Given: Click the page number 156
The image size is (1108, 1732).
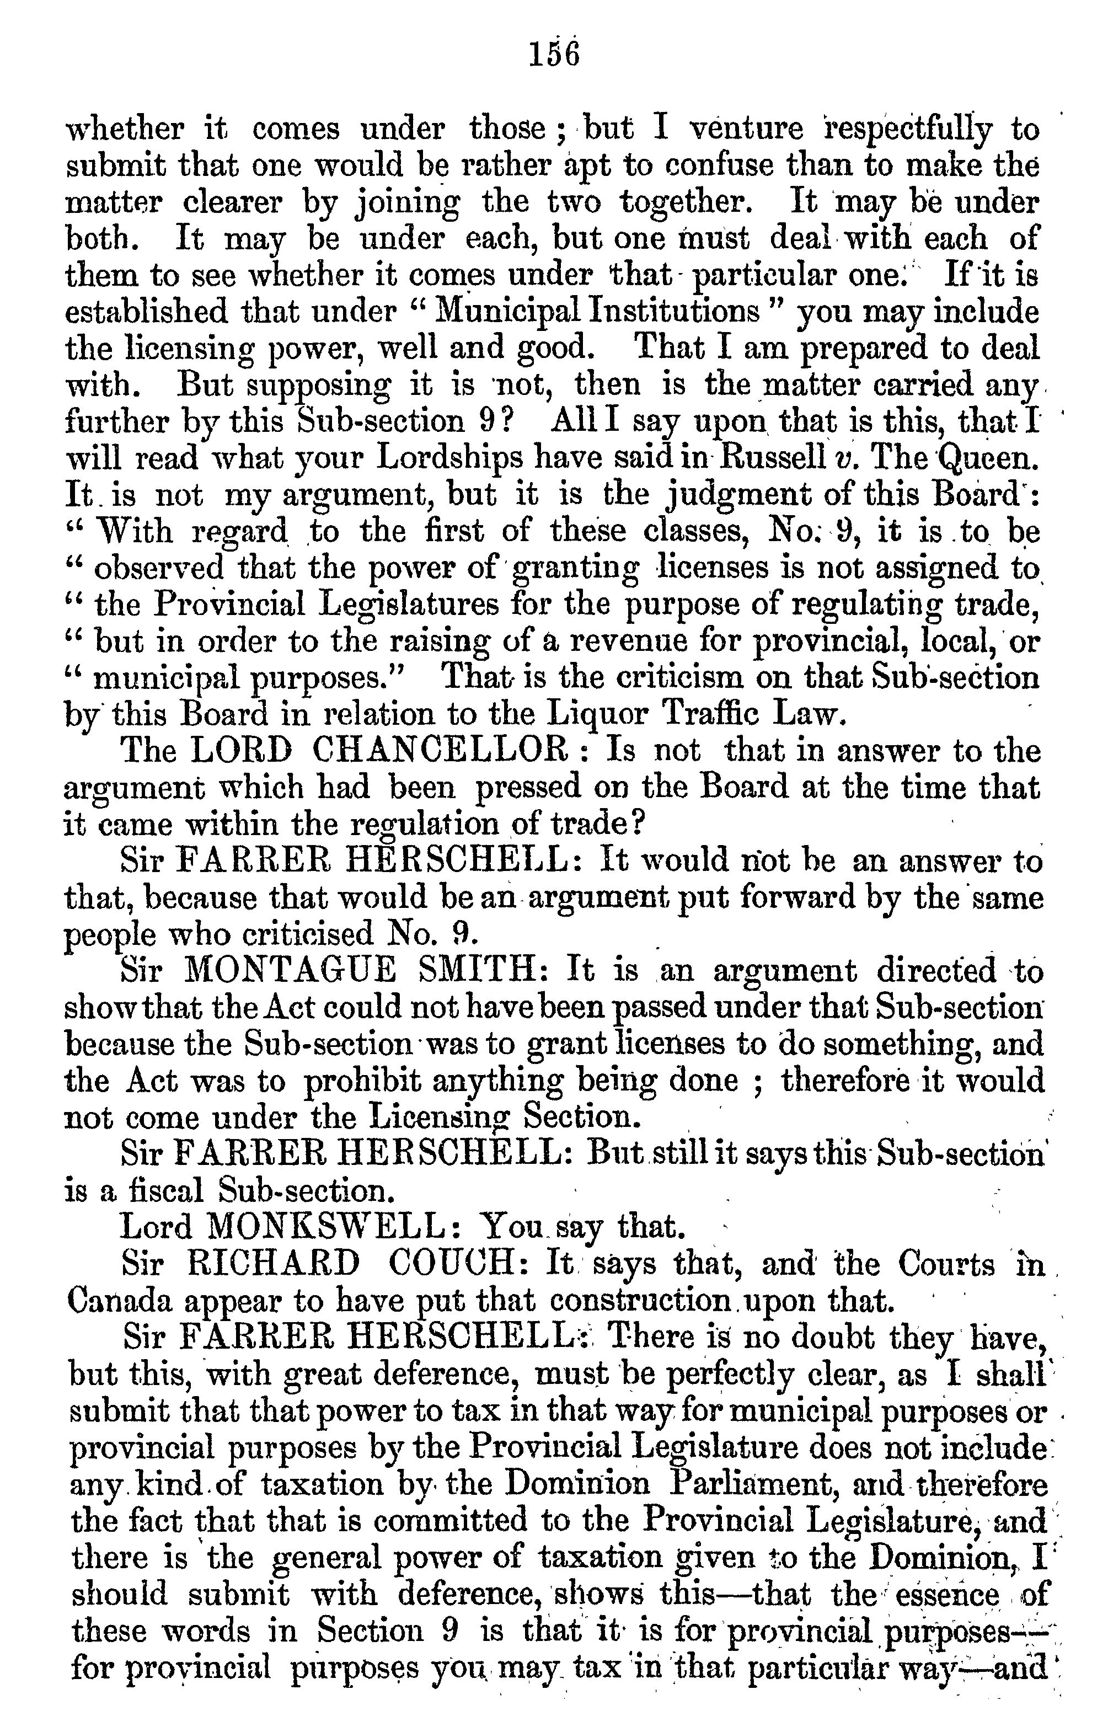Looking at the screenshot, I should click(x=553, y=55).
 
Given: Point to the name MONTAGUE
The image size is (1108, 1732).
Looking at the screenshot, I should click(x=291, y=971).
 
